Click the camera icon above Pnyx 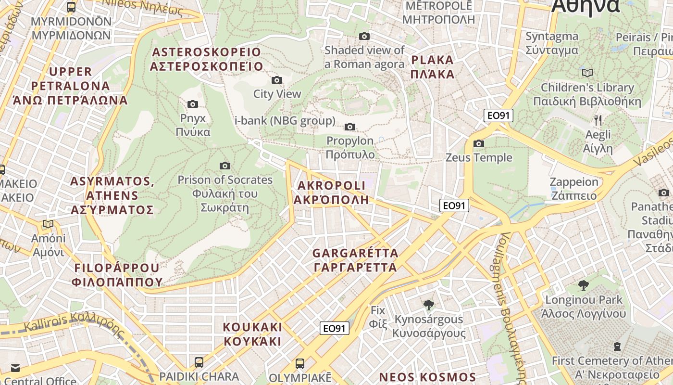pyautogui.click(x=192, y=104)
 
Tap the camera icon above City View pyautogui.click(x=277, y=80)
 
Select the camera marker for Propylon pyautogui.click(x=350, y=127)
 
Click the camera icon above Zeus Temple pyautogui.click(x=478, y=143)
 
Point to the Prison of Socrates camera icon pyautogui.click(x=224, y=166)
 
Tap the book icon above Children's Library pyautogui.click(x=587, y=73)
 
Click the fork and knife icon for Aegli pyautogui.click(x=598, y=120)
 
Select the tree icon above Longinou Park pyautogui.click(x=583, y=285)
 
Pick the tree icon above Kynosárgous pyautogui.click(x=428, y=305)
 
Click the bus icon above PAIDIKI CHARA pyautogui.click(x=199, y=362)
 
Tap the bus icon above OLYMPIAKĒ pyautogui.click(x=300, y=363)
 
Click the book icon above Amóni pyautogui.click(x=48, y=224)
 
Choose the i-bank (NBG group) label pyautogui.click(x=285, y=120)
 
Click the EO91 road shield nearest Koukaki pyautogui.click(x=334, y=328)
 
